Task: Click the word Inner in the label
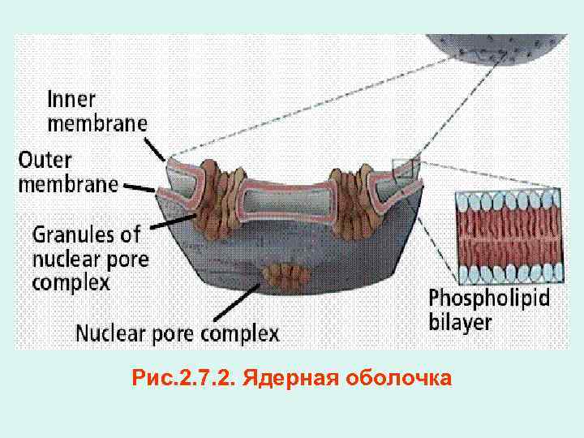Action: (x=71, y=101)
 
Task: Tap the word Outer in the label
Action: (x=48, y=157)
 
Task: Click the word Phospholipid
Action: (x=489, y=298)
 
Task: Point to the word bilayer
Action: (x=460, y=321)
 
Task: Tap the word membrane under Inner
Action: (x=97, y=123)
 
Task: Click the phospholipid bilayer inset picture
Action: (x=509, y=234)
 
